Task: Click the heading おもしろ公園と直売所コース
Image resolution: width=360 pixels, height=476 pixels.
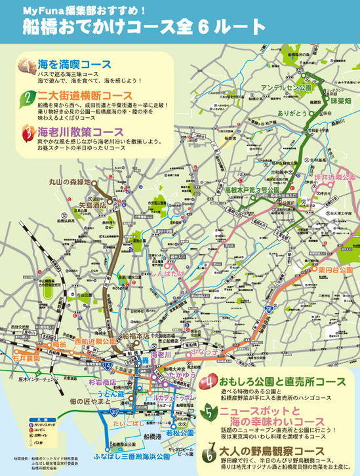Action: point(280,381)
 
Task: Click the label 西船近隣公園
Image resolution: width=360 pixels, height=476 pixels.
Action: point(95,342)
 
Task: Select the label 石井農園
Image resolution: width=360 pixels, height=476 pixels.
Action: point(26,359)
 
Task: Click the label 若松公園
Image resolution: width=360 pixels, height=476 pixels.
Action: point(180,433)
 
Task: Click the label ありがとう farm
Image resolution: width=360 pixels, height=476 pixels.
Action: point(296,113)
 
